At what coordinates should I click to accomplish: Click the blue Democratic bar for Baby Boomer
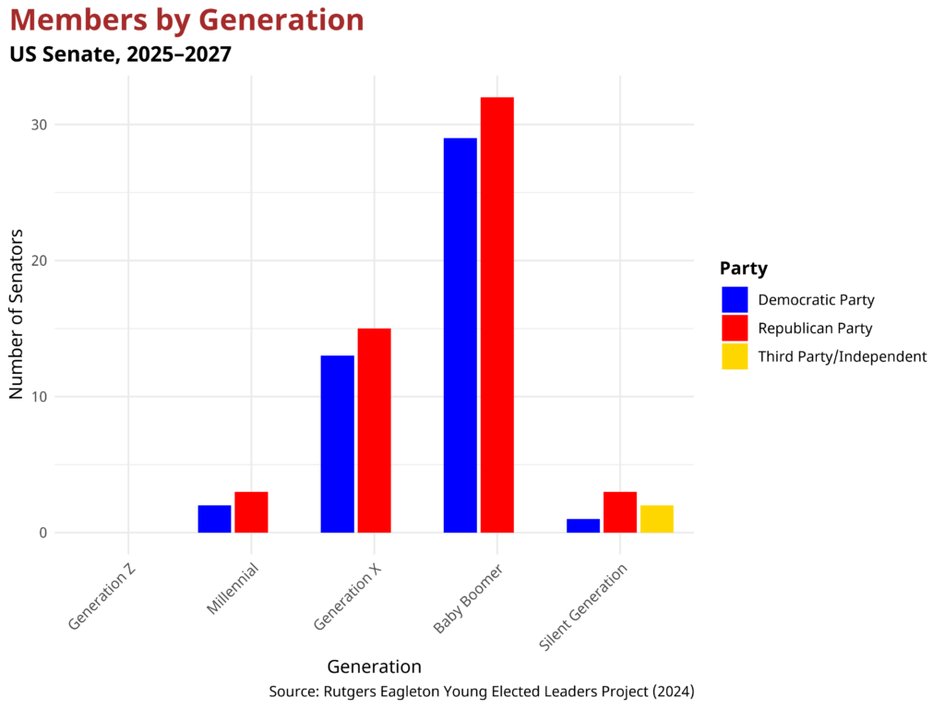(x=460, y=335)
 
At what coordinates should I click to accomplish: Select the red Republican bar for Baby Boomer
(x=496, y=315)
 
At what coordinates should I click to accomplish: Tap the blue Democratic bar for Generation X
(x=337, y=444)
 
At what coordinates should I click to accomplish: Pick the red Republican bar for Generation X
(x=374, y=430)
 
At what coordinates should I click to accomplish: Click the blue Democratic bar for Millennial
(x=214, y=519)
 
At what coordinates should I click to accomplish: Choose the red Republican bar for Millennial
(x=251, y=512)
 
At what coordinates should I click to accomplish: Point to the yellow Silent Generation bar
(x=656, y=519)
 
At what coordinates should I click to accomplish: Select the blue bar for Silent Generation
(x=582, y=525)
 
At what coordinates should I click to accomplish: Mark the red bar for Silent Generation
(x=619, y=512)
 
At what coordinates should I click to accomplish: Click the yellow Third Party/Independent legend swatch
(x=735, y=356)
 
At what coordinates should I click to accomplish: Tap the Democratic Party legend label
(x=816, y=300)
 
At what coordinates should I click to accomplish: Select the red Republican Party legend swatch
(x=735, y=328)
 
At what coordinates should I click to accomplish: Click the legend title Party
(x=743, y=269)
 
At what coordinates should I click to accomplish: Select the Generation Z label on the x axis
(x=103, y=597)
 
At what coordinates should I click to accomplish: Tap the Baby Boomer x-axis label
(x=467, y=599)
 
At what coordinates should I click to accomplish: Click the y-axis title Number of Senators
(x=16, y=314)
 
